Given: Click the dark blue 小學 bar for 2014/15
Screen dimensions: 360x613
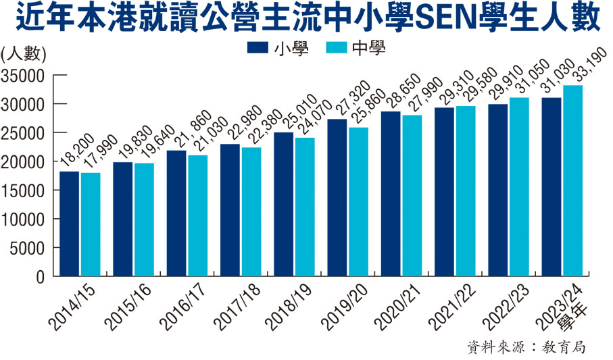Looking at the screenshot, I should (x=70, y=224).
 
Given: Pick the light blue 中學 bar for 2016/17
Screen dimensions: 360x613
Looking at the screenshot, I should (x=198, y=216).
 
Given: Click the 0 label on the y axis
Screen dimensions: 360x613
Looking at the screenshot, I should (x=40, y=277).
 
